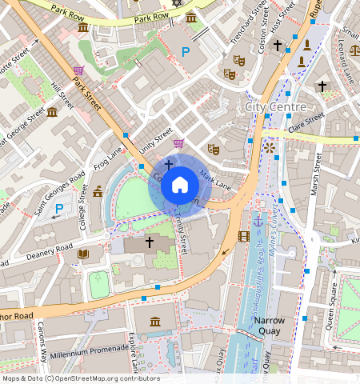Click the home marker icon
180,186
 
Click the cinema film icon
244,236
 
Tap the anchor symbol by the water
258,220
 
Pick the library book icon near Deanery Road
83,254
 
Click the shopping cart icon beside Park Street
78,71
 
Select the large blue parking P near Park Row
186,53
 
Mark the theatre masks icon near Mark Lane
214,149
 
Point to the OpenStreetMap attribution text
80,378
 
